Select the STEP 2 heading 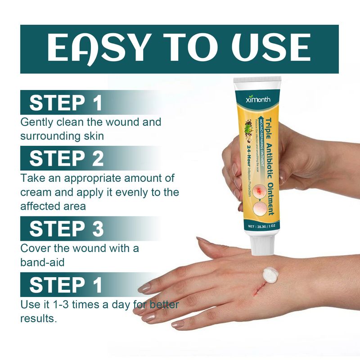coord(67,158)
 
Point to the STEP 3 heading coord(67,229)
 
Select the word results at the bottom coord(38,319)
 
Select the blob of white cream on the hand coord(271,274)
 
